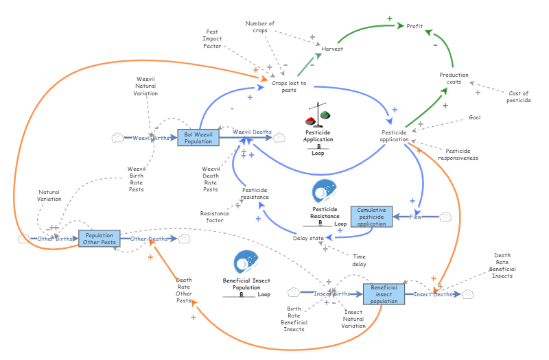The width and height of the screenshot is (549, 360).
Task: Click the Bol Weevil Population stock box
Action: point(198,137)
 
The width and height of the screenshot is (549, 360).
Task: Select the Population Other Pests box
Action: point(100,239)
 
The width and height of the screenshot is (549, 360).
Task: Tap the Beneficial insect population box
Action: point(384,293)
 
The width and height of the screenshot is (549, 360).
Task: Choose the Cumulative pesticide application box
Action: point(371,217)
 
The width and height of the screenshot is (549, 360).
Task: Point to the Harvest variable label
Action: point(332,49)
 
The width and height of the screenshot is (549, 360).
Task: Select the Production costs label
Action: point(454,79)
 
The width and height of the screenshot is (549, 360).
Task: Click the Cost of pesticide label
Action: point(519,97)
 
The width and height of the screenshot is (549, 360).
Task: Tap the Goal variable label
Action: point(474,117)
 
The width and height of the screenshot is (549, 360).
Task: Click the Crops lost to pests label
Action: point(289,86)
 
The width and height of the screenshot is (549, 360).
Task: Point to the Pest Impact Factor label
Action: point(212,39)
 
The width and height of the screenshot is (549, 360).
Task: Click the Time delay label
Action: point(359,260)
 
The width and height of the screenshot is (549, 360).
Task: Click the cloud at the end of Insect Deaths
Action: point(467,294)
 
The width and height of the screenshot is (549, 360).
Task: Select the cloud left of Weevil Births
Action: point(117,138)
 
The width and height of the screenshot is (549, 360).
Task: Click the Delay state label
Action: point(308,238)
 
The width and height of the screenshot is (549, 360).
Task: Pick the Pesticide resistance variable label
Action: point(255,193)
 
